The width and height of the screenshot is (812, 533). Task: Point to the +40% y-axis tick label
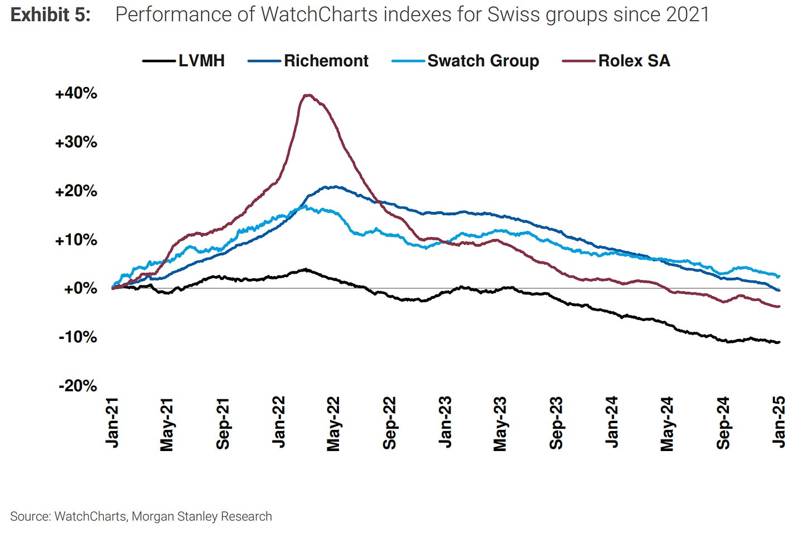coord(76,93)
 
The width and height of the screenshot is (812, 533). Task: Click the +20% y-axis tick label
coord(76,191)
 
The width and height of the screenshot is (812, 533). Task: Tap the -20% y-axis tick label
coord(78,386)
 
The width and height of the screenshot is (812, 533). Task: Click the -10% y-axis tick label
coord(78,337)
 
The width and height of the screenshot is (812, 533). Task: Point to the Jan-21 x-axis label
coord(112,422)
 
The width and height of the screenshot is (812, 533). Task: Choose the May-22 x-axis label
coord(333,424)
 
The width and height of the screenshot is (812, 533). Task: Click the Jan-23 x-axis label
coord(445,422)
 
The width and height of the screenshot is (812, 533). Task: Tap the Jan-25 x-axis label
coord(779,422)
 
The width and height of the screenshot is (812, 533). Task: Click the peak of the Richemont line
coord(333,187)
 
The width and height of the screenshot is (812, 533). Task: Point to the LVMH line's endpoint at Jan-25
coord(779,342)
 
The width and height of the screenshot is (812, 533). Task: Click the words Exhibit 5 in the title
coord(50,14)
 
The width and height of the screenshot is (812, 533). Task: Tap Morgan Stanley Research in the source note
coord(202,516)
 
